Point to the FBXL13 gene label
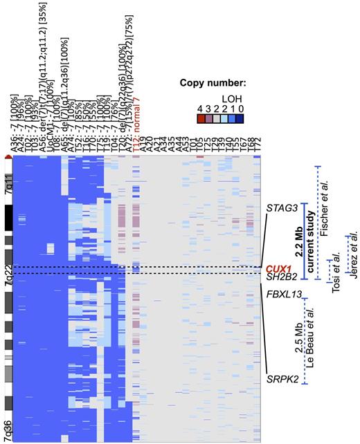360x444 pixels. (283, 295)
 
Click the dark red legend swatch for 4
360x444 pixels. (200, 118)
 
